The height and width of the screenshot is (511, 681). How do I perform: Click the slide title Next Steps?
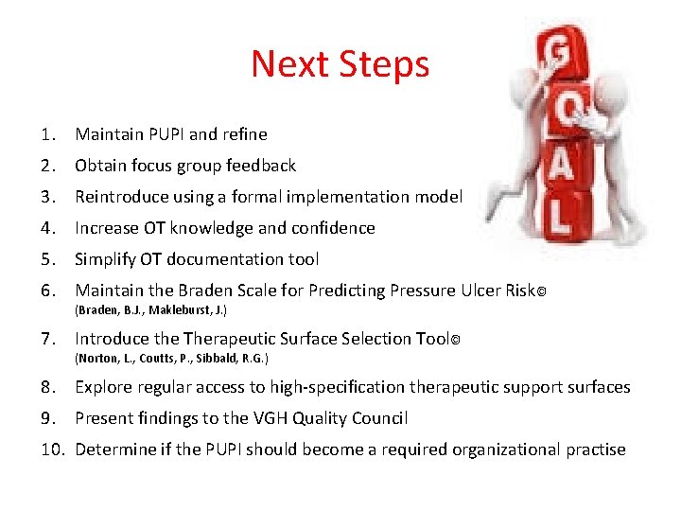[340, 64]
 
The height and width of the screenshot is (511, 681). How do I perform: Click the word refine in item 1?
[245, 134]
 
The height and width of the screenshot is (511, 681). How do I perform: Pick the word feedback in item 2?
[260, 166]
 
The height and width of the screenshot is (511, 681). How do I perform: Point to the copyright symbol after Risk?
[541, 291]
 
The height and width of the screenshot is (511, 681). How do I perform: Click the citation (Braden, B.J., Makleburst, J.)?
[150, 310]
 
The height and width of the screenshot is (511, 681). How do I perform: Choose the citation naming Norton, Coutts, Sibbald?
[171, 359]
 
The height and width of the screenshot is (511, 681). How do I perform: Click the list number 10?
[53, 449]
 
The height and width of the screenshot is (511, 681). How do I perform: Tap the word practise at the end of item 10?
[595, 449]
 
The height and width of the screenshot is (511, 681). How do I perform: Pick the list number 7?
[48, 339]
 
